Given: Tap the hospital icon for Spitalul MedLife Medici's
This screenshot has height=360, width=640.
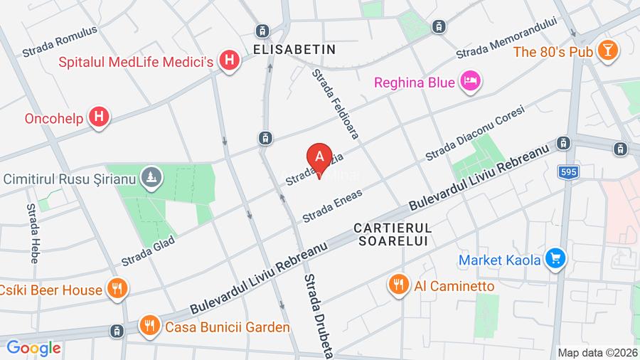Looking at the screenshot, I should [228, 61].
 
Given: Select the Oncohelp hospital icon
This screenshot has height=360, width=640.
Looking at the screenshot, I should [100, 117].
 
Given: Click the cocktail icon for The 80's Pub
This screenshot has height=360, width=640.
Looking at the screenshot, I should [608, 51].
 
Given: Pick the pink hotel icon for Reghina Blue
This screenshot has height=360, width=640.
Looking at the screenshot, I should [469, 82].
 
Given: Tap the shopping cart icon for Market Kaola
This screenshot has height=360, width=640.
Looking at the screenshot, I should [555, 260].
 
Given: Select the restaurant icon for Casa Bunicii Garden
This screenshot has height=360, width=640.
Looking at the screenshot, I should [149, 327].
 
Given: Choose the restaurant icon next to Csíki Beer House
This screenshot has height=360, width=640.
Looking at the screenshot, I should [117, 289].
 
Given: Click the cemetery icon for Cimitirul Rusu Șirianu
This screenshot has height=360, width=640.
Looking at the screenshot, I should [150, 178].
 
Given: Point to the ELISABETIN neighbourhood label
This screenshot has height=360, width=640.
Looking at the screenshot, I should [294, 50].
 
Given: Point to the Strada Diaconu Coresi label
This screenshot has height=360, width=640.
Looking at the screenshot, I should [474, 133].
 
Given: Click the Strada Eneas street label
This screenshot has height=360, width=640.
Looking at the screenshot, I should [332, 206].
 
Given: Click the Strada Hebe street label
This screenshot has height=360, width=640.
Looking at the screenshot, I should [32, 233].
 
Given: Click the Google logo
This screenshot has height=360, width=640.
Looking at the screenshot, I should [33, 349].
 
